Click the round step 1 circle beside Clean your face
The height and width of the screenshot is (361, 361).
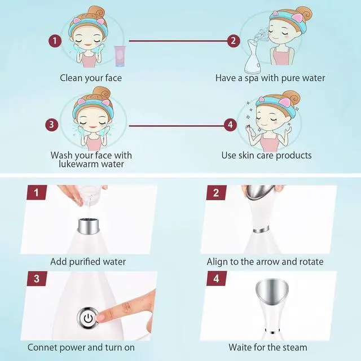pos(55,41)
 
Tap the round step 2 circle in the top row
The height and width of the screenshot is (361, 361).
pos(232,41)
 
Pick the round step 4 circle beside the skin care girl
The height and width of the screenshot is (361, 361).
pos(230,125)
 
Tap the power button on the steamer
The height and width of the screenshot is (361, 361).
pos(88,318)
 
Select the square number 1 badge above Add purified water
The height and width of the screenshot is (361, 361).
pos(36,193)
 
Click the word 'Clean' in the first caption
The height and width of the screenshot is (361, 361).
pos(72,78)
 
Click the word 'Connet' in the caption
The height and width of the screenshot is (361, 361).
pos(43,347)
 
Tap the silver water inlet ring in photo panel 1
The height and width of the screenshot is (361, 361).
pos(90,226)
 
